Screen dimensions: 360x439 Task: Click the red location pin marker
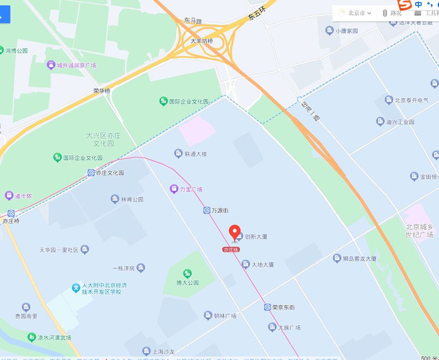[x=235, y=232]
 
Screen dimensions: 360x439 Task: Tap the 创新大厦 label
[x=256, y=236]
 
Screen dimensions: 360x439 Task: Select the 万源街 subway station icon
[x=207, y=211]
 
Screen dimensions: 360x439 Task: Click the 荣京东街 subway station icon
[x=267, y=307]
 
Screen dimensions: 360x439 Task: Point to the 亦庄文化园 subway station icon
[x=91, y=173]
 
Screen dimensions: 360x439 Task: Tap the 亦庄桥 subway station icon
[x=11, y=213]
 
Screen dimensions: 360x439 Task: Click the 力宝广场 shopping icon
[x=173, y=189]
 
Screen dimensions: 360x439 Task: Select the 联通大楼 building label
[x=195, y=154]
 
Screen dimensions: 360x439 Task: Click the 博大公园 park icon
[x=187, y=273]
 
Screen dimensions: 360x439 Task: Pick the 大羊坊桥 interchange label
[x=201, y=41]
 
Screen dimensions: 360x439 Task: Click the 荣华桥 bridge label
[x=102, y=91]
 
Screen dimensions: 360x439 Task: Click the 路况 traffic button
[x=391, y=13]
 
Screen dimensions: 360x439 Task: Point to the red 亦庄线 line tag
[x=231, y=249]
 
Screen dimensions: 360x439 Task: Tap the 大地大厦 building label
[x=262, y=264]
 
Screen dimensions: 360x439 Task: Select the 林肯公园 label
[x=132, y=200]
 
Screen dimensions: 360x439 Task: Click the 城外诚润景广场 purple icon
[x=51, y=65]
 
